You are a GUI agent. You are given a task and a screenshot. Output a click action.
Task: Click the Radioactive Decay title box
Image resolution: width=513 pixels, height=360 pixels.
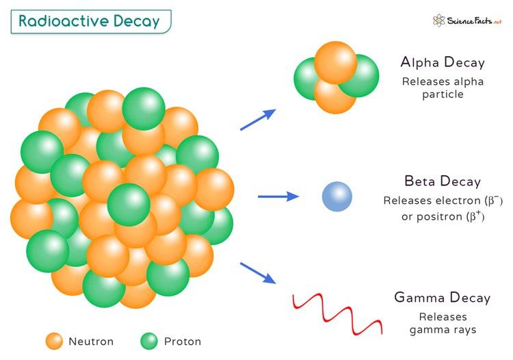click(90, 21)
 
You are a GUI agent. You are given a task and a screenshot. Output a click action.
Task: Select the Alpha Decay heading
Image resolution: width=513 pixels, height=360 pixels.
click(443, 63)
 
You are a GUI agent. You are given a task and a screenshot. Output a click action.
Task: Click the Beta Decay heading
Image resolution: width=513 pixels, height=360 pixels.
click(443, 182)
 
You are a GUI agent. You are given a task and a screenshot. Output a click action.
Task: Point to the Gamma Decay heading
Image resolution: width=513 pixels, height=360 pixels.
click(443, 298)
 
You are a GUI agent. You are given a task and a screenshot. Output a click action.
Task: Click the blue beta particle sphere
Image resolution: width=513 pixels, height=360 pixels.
click(337, 196)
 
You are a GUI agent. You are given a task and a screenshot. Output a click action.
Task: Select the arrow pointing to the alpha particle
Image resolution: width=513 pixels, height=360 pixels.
click(258, 119)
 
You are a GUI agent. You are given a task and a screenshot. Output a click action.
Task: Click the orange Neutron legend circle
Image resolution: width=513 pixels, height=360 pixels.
click(55, 341)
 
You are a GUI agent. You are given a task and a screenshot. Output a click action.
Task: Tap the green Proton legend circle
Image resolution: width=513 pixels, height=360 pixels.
click(149, 341)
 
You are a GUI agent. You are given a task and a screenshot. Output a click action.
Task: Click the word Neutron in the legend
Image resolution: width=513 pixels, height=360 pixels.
click(91, 342)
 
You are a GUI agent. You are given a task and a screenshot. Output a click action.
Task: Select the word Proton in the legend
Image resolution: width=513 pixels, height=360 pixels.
click(183, 342)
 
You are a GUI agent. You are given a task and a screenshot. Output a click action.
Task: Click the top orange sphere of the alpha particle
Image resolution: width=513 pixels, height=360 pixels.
click(335, 62)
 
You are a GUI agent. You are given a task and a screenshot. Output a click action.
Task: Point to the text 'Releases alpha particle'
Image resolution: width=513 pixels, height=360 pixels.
click(443, 88)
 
